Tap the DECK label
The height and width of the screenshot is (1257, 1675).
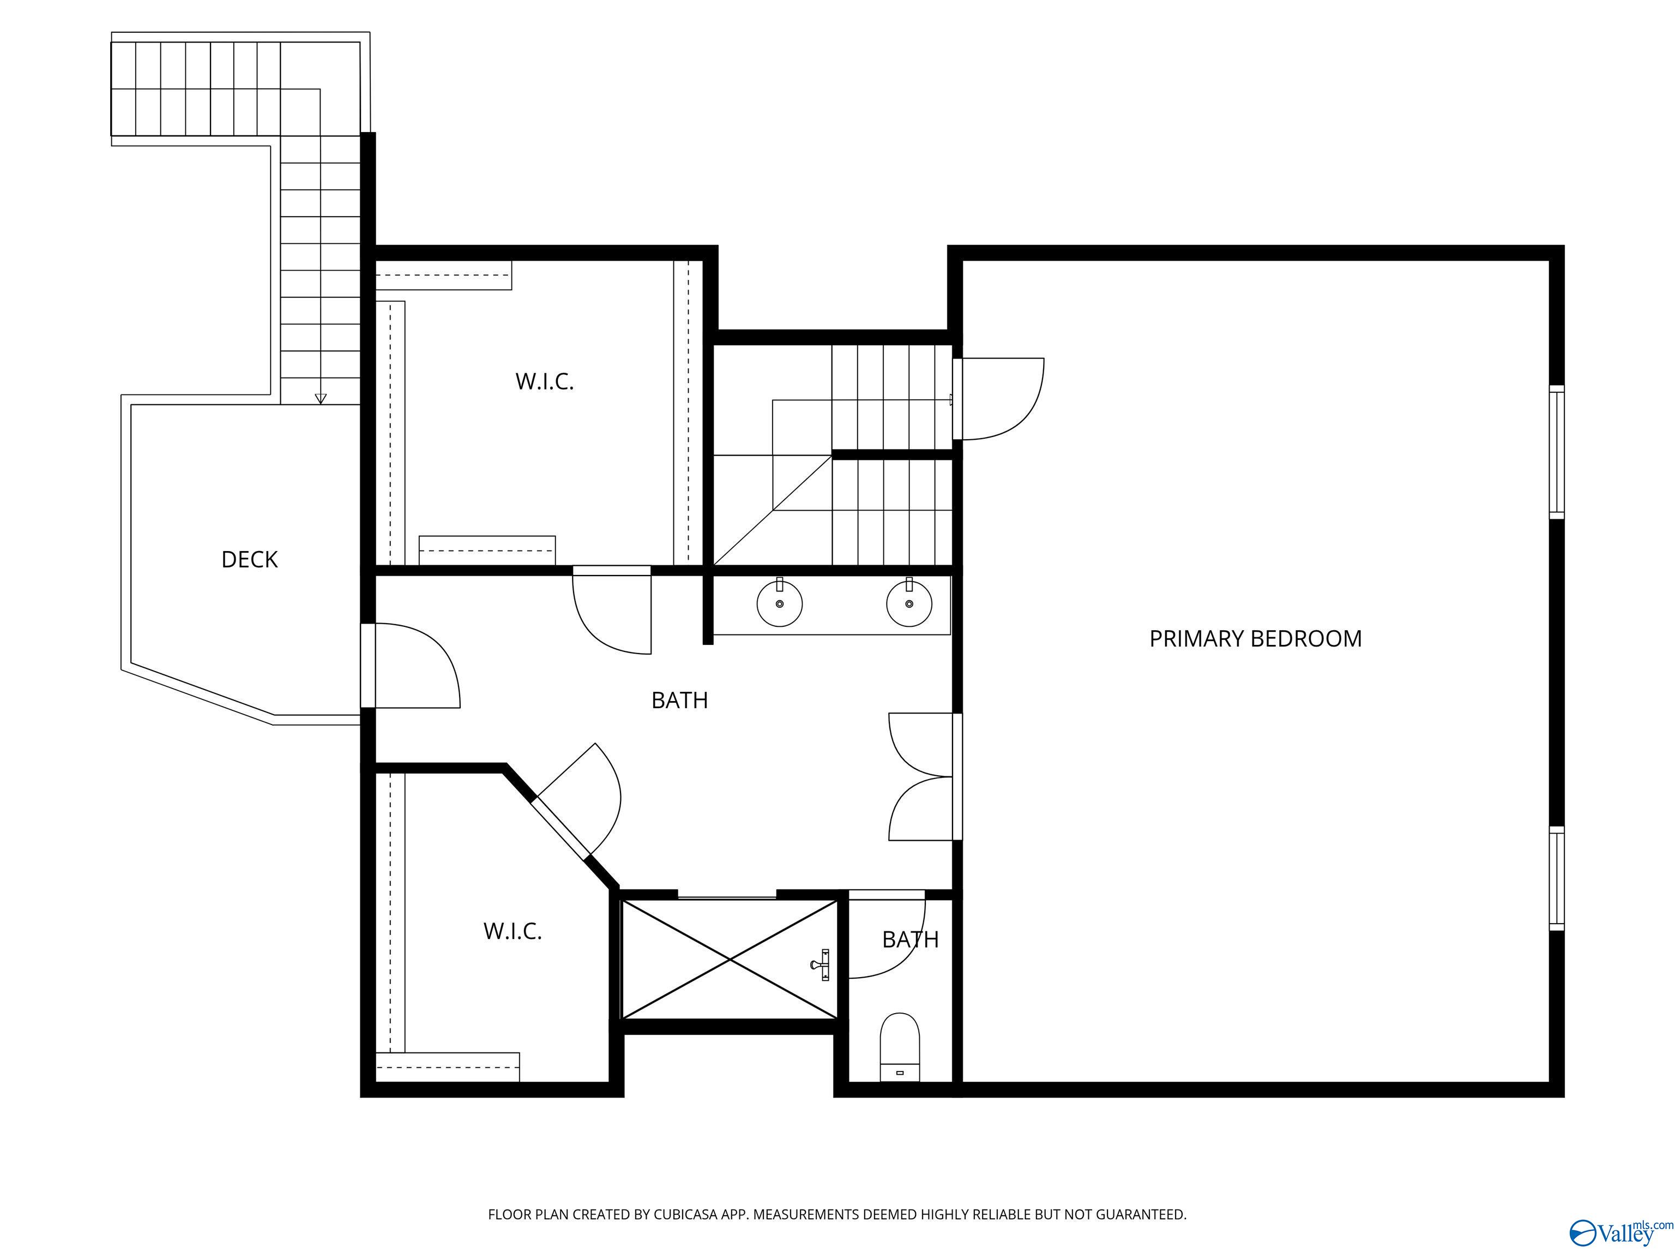pyautogui.click(x=250, y=559)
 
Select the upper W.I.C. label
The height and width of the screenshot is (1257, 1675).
pyautogui.click(x=545, y=381)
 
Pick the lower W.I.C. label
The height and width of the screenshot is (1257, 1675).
pyautogui.click(x=513, y=931)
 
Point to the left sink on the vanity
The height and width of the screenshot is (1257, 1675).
pyautogui.click(x=780, y=603)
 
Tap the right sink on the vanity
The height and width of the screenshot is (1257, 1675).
pyautogui.click(x=909, y=603)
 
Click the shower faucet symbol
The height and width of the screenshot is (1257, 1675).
pyautogui.click(x=822, y=965)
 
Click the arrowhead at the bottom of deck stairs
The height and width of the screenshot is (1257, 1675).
pyautogui.click(x=320, y=399)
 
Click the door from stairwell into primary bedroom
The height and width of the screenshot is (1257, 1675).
pyautogui.click(x=999, y=399)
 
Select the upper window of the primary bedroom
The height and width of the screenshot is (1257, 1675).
pyautogui.click(x=1557, y=452)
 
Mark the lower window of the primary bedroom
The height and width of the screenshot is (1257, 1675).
pyautogui.click(x=1557, y=879)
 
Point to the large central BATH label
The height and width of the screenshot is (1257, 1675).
pyautogui.click(x=680, y=700)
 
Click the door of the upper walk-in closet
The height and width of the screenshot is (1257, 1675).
pyautogui.click(x=612, y=609)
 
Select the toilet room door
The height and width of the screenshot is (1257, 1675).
pyautogui.click(x=887, y=934)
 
